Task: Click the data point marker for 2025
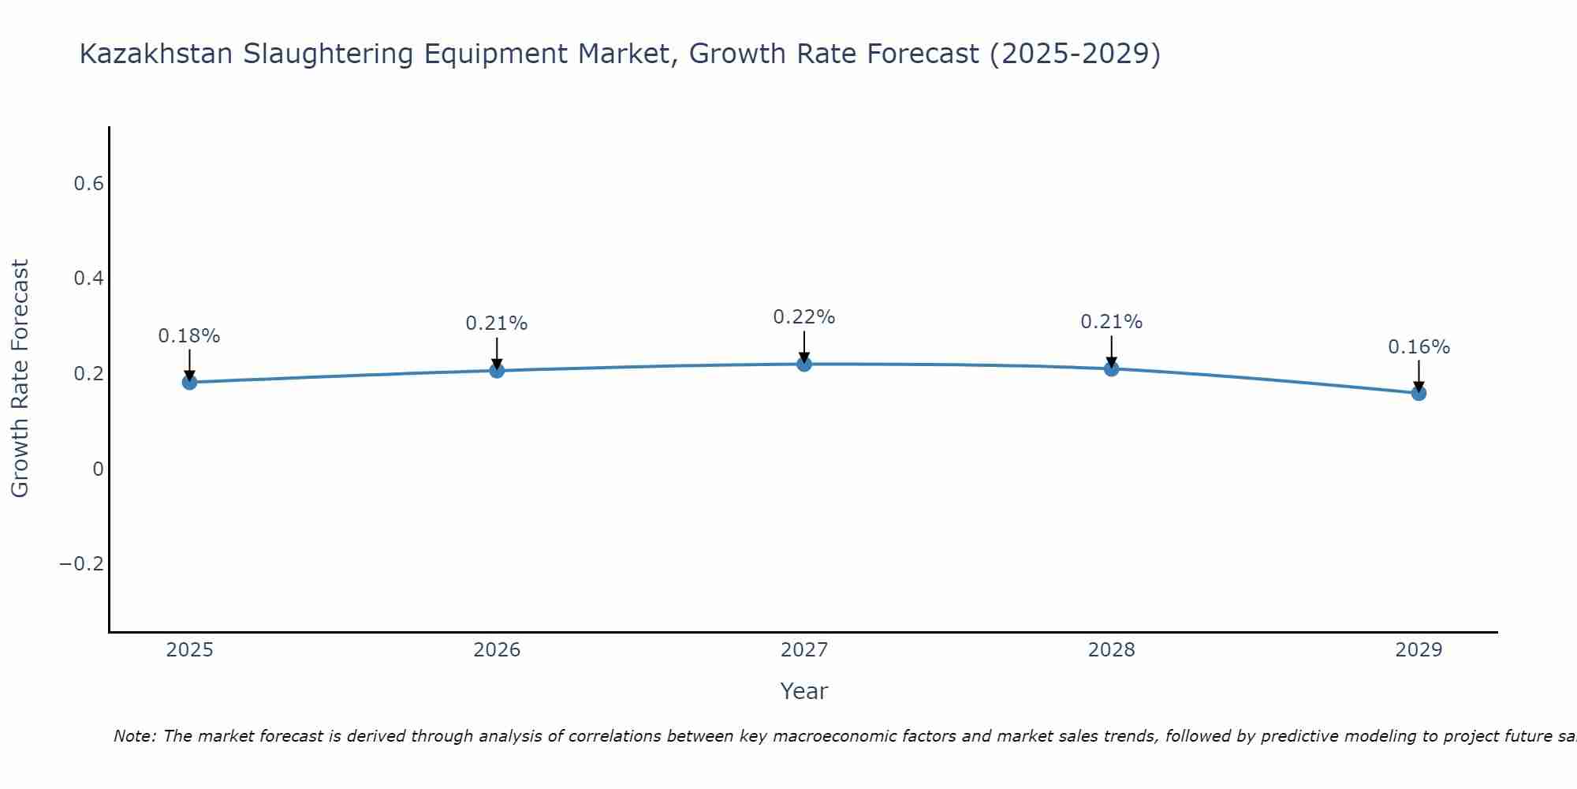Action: [189, 382]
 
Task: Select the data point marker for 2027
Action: [804, 364]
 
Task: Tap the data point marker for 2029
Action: [1419, 393]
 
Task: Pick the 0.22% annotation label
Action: [803, 317]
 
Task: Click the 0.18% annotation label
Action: [189, 336]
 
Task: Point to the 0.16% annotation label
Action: [1419, 347]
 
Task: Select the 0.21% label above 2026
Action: [496, 323]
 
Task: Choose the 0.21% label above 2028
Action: [1111, 322]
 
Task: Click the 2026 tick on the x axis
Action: [497, 650]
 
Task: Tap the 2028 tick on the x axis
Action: [1111, 650]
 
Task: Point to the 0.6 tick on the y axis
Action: [88, 184]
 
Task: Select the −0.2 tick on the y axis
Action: [81, 563]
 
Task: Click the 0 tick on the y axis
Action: [98, 469]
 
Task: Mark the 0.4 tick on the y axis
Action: [88, 279]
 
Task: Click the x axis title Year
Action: [803, 691]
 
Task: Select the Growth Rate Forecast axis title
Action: [20, 379]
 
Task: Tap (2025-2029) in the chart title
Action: [1075, 54]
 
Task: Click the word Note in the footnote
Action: [135, 736]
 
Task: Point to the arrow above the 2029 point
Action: [1419, 374]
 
